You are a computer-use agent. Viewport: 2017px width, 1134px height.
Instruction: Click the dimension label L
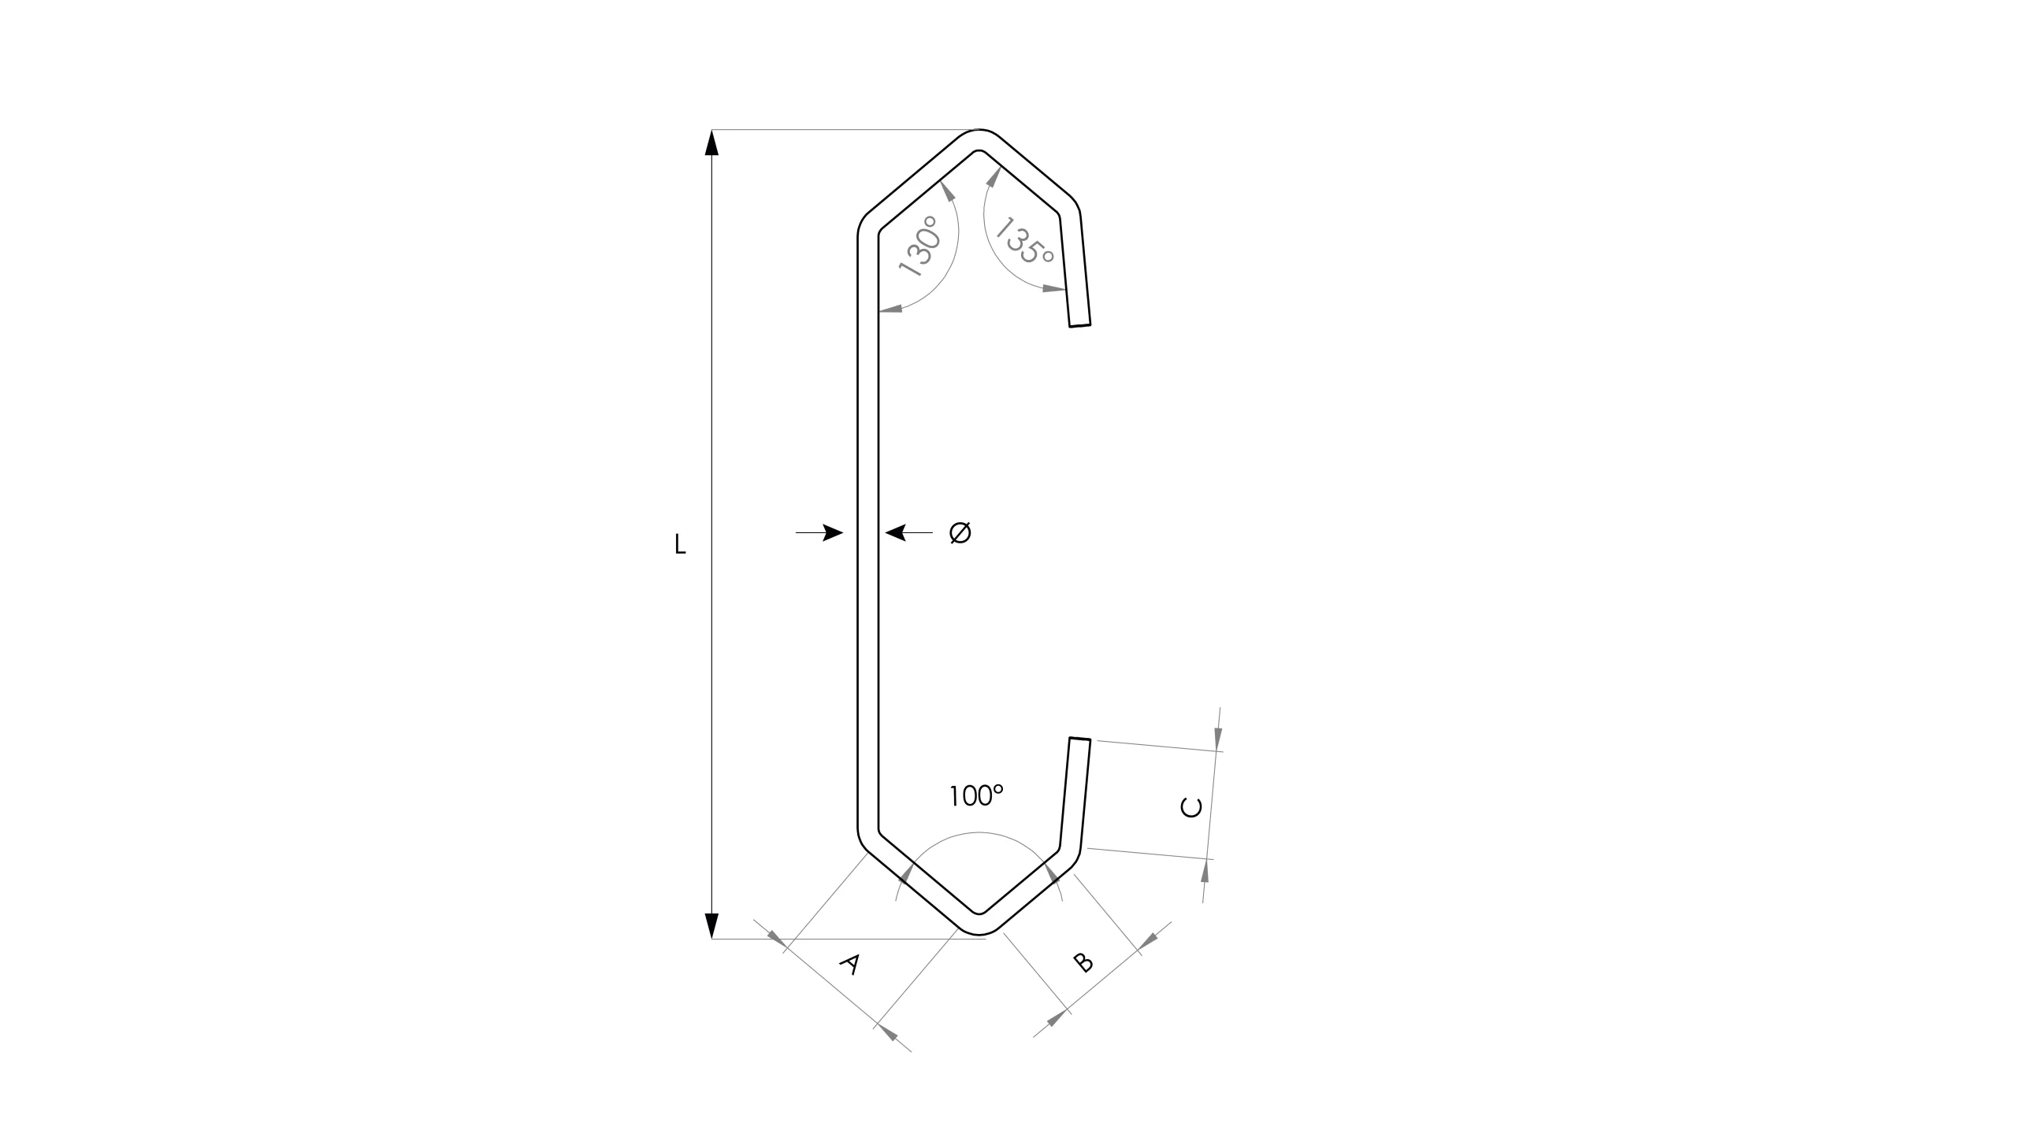680,544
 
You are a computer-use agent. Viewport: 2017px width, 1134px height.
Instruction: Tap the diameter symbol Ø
960,533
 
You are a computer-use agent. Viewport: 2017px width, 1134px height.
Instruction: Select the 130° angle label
921,246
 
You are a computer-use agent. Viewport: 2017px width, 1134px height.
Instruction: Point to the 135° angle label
1024,241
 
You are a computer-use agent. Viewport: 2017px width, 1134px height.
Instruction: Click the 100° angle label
976,796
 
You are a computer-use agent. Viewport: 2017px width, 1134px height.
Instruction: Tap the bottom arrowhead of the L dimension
711,926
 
